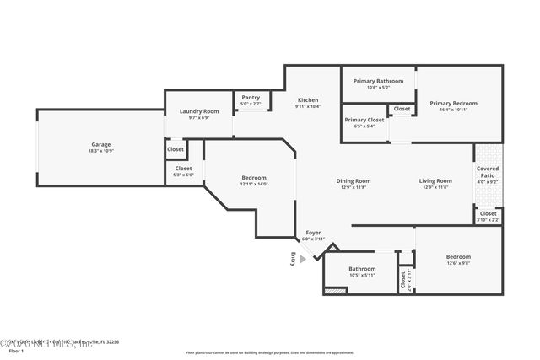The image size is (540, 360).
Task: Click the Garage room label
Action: [100, 144]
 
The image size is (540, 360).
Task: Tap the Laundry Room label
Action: [199, 111]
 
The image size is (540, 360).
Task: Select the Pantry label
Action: [251, 97]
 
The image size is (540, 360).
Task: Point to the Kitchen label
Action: [308, 99]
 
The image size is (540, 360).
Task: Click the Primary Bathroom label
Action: [378, 81]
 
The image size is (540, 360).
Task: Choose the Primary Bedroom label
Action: [460, 104]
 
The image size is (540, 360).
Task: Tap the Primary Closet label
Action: [364, 120]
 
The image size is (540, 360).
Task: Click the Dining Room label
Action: [354, 180]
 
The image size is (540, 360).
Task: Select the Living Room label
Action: [435, 180]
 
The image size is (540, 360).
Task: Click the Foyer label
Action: [313, 232]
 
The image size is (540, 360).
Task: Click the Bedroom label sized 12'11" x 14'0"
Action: [254, 178]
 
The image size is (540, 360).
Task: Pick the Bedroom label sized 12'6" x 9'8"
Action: [458, 256]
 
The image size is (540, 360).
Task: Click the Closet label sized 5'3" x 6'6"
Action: [183, 168]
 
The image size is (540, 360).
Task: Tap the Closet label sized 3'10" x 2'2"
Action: [488, 213]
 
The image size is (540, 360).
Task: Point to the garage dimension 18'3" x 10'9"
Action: [100, 151]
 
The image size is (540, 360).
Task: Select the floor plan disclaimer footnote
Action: [269, 352]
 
